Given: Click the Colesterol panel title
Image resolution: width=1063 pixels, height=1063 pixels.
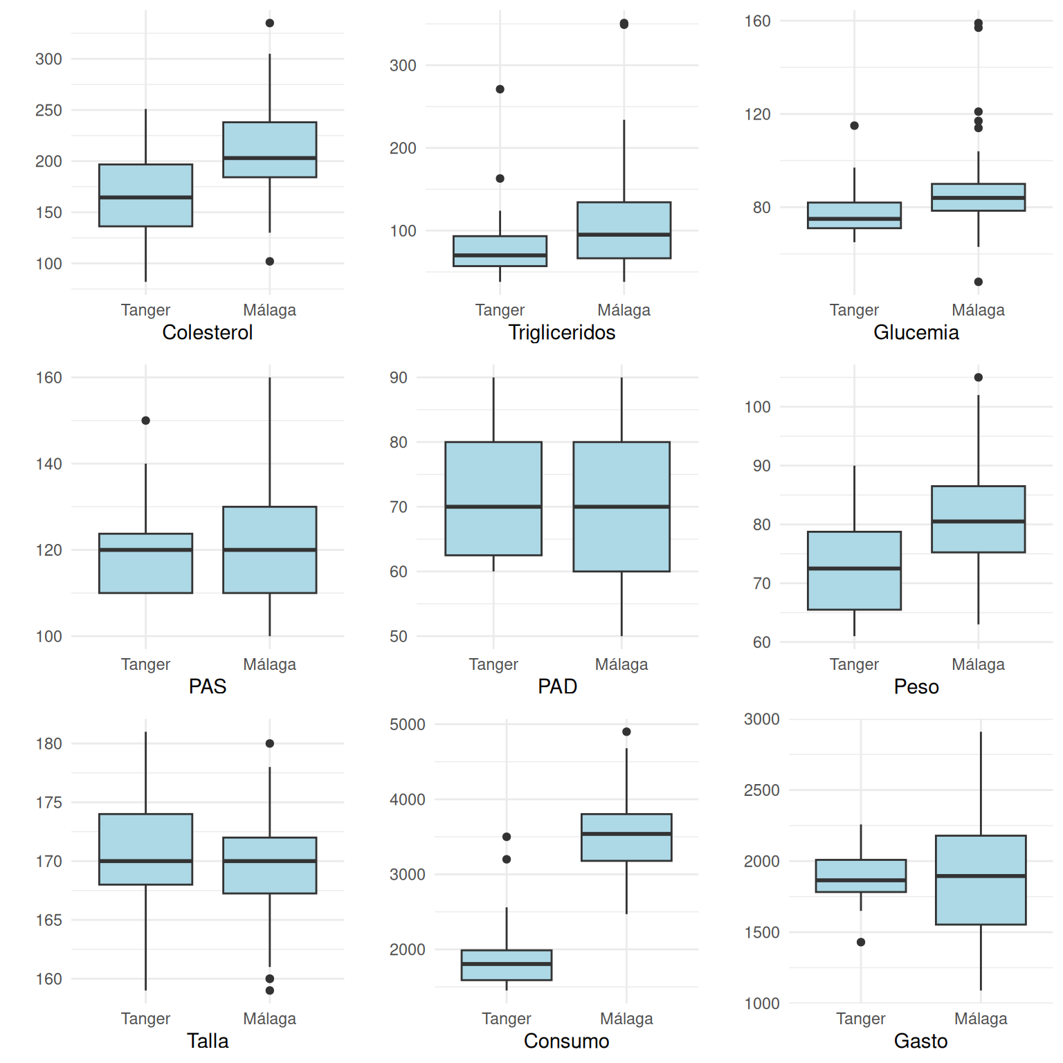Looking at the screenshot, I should click(207, 333).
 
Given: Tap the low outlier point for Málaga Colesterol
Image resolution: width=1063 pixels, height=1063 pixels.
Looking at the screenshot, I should click(269, 262).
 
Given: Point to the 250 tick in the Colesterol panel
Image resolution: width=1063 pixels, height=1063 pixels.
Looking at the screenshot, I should click(48, 111).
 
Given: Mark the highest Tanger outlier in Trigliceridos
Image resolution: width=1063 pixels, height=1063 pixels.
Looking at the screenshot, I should click(500, 89).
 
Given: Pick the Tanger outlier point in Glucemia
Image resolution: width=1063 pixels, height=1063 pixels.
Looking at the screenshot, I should click(854, 126).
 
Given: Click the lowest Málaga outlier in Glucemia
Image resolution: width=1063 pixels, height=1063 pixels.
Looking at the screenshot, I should click(978, 282).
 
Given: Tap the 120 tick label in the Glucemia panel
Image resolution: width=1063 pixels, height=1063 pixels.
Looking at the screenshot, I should click(757, 115).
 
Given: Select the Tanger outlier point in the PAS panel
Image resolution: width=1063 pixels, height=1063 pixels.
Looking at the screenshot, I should click(145, 421).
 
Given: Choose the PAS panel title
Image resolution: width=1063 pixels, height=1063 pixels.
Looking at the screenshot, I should click(207, 687).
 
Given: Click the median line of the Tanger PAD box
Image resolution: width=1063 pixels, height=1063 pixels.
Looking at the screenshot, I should click(493, 507).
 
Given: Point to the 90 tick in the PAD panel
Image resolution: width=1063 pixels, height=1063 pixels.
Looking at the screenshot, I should click(398, 378).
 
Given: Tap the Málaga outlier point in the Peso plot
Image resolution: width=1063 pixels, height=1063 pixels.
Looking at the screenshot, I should click(978, 378).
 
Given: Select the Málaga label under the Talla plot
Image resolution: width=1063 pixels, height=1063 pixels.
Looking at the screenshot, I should click(269, 1019).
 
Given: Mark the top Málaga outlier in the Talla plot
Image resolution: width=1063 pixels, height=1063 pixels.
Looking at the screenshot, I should click(269, 744).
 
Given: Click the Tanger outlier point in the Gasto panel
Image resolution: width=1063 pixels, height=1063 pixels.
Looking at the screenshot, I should click(860, 943).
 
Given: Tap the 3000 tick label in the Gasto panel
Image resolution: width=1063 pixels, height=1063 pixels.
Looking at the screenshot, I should click(761, 720).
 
